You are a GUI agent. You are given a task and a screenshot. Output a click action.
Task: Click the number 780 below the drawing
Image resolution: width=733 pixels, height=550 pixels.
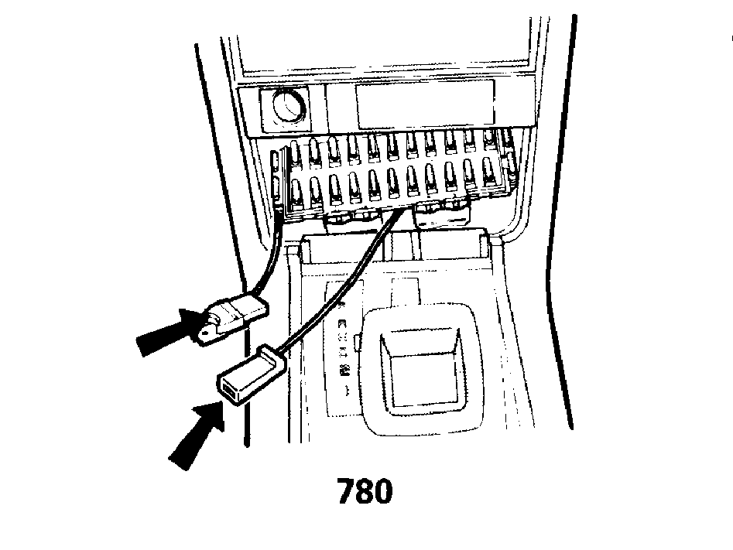click(365, 491)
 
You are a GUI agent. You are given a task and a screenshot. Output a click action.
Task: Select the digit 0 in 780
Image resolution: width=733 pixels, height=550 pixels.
click(383, 491)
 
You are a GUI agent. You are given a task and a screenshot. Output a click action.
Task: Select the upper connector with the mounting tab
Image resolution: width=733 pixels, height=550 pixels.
click(232, 318)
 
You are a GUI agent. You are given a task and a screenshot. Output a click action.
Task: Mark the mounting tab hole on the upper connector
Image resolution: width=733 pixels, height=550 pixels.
click(204, 336)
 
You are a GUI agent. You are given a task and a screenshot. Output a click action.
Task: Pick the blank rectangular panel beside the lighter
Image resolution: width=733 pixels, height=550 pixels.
click(424, 104)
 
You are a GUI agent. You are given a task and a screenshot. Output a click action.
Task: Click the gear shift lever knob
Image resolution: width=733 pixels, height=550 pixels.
click(422, 369)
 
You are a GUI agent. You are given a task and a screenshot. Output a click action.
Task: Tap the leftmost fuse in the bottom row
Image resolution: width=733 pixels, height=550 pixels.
click(296, 193)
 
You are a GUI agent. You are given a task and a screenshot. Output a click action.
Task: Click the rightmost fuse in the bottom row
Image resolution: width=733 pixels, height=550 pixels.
click(489, 173)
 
